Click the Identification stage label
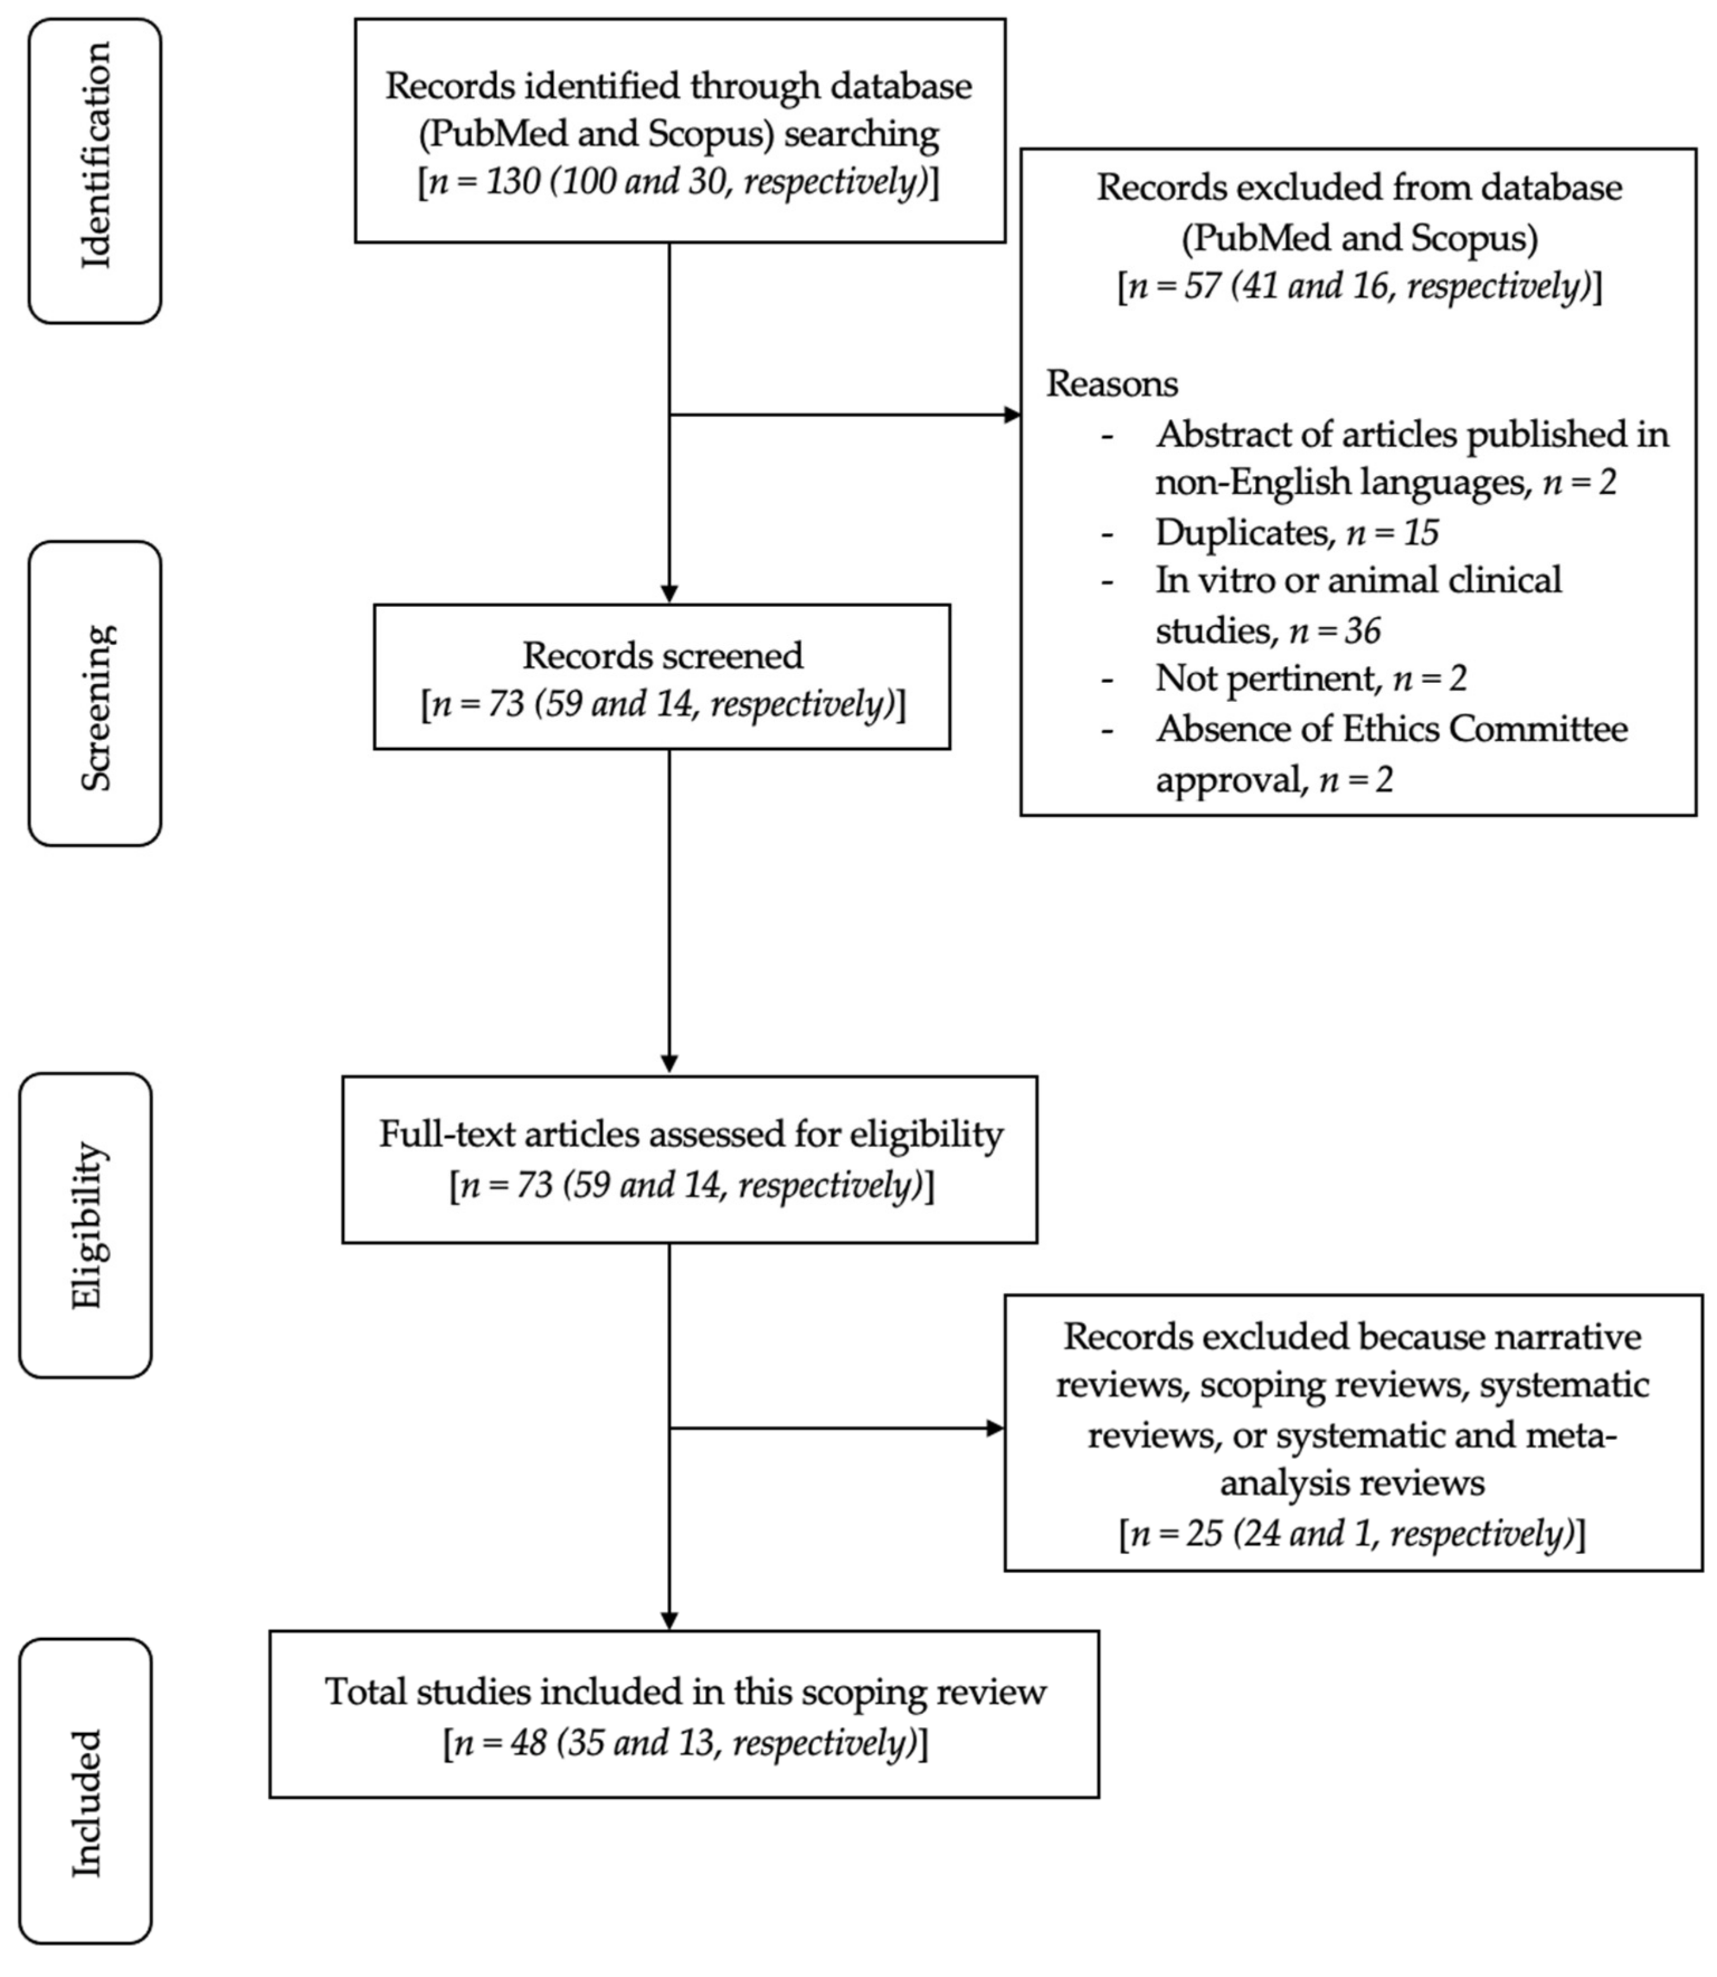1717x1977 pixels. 96,156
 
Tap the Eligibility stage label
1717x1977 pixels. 86,1225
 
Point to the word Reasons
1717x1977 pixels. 1112,384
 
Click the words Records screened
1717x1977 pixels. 662,655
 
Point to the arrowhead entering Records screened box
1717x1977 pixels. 669,594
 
